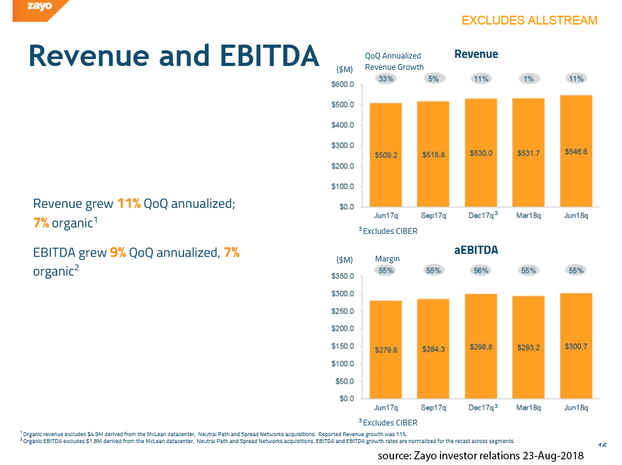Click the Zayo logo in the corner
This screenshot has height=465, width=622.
(x=39, y=7)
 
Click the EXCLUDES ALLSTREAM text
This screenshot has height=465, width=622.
(x=529, y=21)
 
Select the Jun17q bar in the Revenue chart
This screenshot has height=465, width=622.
(x=386, y=155)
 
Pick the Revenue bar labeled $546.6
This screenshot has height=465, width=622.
(x=576, y=151)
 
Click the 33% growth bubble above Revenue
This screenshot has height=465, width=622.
(x=386, y=79)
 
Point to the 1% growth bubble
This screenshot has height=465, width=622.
(x=528, y=79)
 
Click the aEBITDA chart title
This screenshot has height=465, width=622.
(x=476, y=250)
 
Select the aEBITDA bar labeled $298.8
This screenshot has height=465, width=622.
(x=481, y=346)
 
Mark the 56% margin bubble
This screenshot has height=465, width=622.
(x=481, y=270)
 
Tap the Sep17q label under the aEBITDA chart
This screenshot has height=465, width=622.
(x=434, y=408)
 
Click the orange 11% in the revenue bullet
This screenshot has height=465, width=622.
(x=129, y=204)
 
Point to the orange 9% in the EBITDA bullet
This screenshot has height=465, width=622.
(x=117, y=253)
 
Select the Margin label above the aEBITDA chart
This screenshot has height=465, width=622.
(x=387, y=258)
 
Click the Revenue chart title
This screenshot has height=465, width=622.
(x=476, y=54)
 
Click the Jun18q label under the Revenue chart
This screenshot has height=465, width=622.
(x=576, y=216)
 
